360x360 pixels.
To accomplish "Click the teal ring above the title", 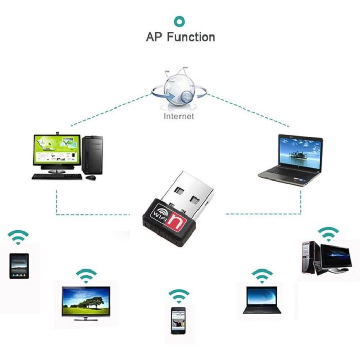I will [179, 21].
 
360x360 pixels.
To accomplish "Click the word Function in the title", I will [191, 38].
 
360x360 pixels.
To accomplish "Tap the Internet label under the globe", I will [179, 117].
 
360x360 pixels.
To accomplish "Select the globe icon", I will [178, 91].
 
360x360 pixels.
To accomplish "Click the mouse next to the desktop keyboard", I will [91, 177].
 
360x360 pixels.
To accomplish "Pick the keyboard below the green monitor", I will [57, 176].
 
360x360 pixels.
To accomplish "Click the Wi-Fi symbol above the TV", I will [86, 276].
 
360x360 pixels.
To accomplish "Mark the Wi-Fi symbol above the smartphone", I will [179, 295].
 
